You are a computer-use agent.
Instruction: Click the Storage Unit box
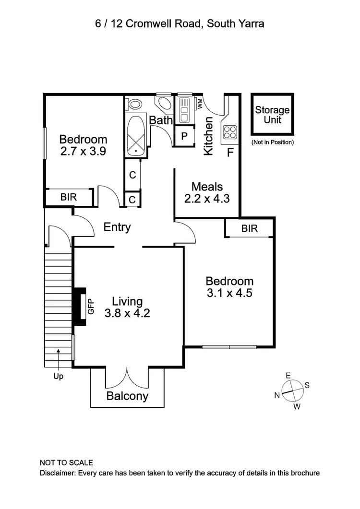(272, 115)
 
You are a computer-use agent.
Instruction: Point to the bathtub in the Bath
(136, 135)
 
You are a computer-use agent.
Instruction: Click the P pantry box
(184, 136)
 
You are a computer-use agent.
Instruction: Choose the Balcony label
(127, 396)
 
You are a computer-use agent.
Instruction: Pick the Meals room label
(207, 186)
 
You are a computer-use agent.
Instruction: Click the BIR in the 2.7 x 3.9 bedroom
(68, 197)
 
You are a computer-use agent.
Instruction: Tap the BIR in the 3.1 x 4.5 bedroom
(250, 229)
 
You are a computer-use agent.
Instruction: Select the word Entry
(117, 227)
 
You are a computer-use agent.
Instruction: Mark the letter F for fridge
(230, 154)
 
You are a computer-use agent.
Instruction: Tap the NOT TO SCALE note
(66, 463)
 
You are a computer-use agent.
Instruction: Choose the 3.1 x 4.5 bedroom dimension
(229, 293)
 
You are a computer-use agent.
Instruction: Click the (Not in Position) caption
(272, 142)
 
